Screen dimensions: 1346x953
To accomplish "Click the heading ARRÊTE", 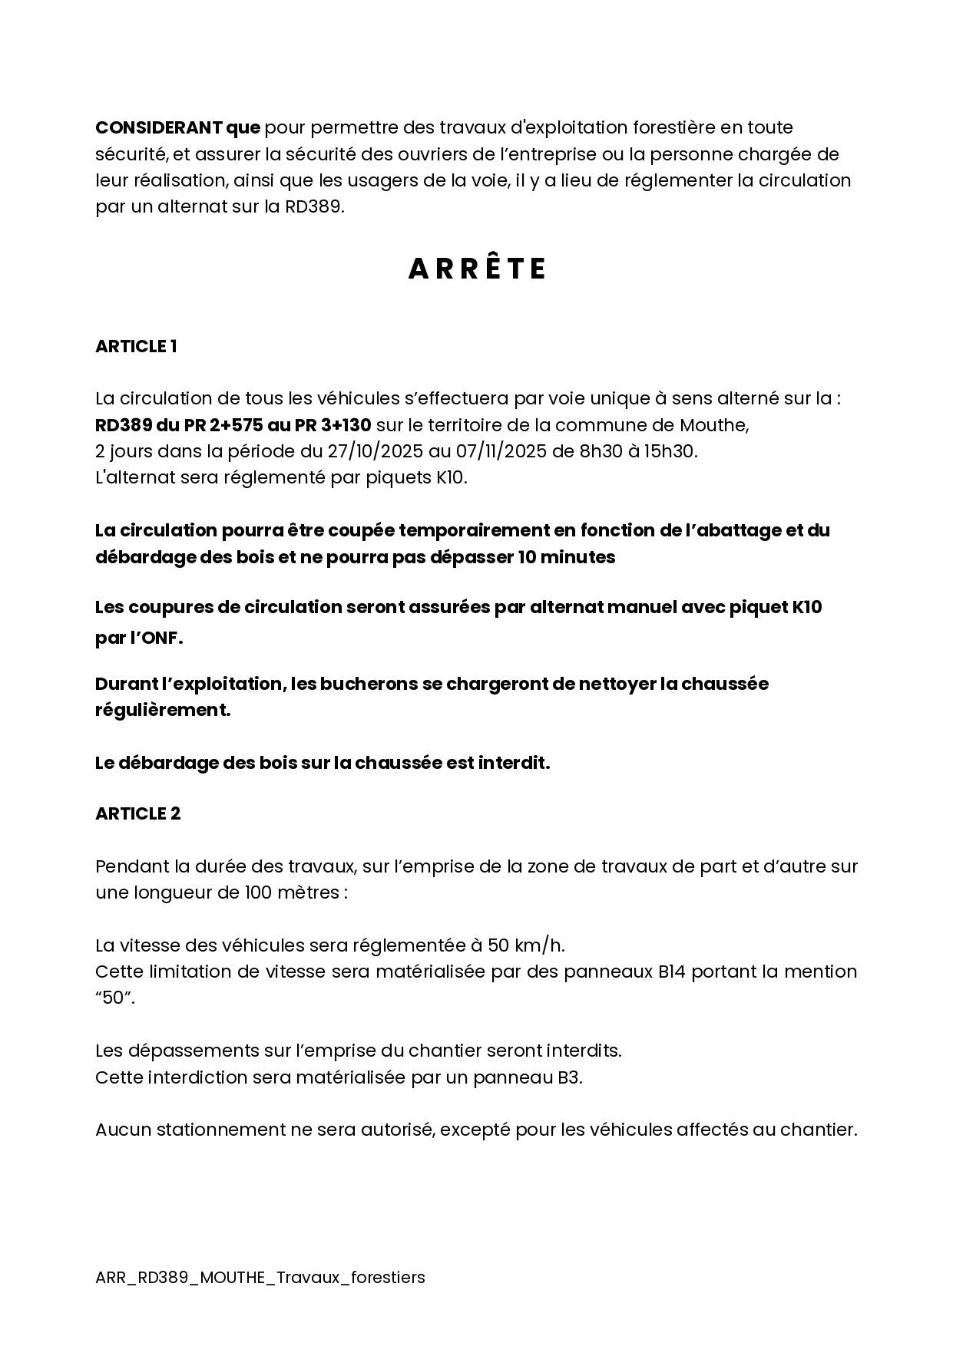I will click(476, 269).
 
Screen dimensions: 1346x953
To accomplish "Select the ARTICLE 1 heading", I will click(136, 347).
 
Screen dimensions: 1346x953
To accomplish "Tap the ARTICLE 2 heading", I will click(137, 814).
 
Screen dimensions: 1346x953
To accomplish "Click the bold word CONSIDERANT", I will click(157, 127).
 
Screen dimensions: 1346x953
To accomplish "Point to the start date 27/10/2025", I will click(371, 451).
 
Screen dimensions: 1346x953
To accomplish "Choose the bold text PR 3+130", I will click(333, 425).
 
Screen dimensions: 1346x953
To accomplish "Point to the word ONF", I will click(160, 638).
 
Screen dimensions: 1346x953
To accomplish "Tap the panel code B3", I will click(568, 1077).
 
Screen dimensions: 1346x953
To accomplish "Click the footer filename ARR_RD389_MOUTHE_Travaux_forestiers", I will click(260, 1278).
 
